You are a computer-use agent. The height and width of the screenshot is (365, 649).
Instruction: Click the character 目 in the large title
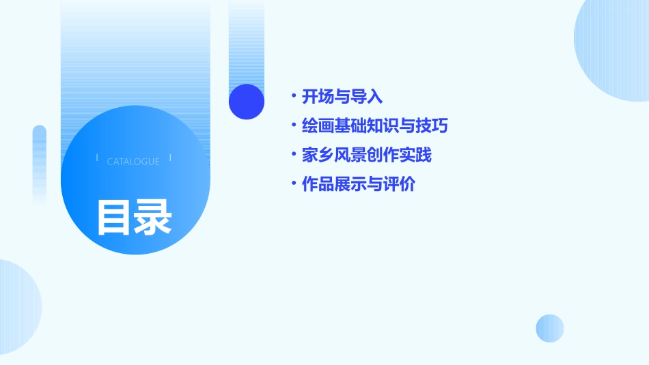click(x=114, y=217)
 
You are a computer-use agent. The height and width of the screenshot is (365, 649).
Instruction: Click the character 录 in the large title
click(x=153, y=217)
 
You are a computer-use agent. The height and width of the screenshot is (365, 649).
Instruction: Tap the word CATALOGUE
click(x=133, y=162)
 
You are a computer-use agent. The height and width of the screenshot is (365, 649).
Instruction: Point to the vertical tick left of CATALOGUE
click(x=97, y=158)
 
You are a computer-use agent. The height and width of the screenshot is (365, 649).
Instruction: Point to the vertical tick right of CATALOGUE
click(x=170, y=158)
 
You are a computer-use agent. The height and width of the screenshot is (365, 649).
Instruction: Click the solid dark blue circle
click(x=247, y=102)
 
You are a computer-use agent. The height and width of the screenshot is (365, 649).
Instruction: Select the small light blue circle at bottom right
click(x=550, y=328)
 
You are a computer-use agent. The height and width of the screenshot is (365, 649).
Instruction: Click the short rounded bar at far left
click(x=40, y=164)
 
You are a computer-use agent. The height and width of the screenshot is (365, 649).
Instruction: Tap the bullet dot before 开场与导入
click(x=293, y=96)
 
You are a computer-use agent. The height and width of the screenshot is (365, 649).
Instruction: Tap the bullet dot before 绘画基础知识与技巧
click(x=293, y=126)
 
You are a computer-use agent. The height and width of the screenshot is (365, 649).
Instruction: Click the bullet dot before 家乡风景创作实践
click(x=293, y=155)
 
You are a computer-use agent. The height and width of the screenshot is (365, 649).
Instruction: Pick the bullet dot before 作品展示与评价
click(x=293, y=184)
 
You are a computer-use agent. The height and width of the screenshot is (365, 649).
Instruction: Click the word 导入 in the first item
click(x=367, y=97)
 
